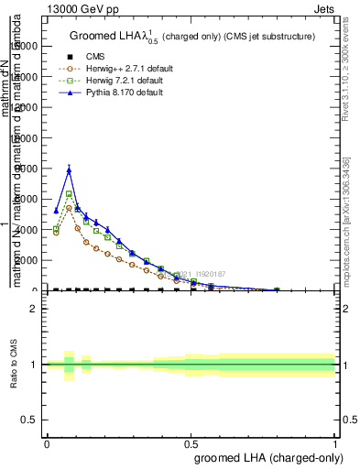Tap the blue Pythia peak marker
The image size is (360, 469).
click(69, 169)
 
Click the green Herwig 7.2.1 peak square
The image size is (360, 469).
click(69, 194)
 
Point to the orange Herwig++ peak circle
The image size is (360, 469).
click(69, 208)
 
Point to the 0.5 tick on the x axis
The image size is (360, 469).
click(191, 443)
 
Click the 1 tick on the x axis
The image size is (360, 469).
click(335, 443)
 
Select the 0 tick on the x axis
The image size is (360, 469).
click(47, 443)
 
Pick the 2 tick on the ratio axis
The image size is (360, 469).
click(33, 309)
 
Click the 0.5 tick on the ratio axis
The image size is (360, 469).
click(28, 420)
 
